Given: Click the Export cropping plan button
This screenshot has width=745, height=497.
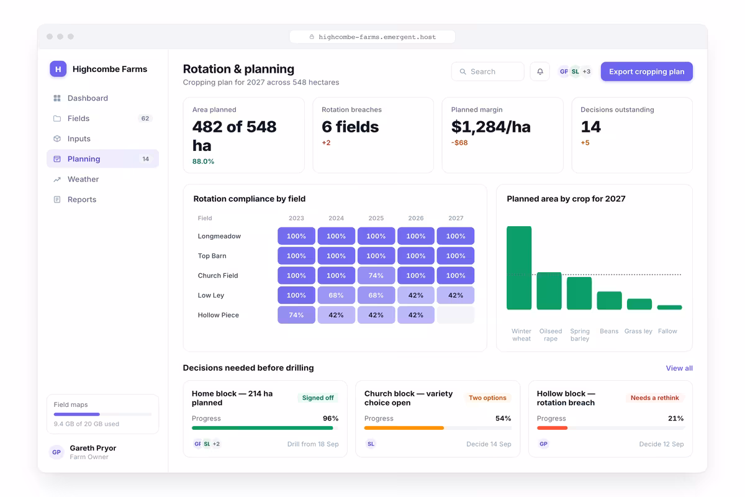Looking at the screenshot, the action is coord(646,71).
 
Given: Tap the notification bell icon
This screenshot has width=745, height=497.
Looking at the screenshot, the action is coord(540,71).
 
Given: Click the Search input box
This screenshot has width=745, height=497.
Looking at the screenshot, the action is coord(487,71).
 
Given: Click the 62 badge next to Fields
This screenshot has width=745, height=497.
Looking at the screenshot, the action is coord(145,119).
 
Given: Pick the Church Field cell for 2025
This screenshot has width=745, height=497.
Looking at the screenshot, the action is coord(376,276).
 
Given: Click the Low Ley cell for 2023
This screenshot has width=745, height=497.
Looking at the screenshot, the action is coord(296,295).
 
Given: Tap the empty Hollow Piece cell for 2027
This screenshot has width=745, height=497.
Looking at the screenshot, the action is coord(456,315).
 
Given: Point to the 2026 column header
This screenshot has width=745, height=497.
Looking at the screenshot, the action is coord(416,218).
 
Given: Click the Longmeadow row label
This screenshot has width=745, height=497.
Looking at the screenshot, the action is coord(219,236).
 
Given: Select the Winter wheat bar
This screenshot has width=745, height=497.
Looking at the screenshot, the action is coord(519,268).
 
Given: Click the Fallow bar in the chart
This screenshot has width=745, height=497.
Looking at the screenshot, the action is coord(669,308).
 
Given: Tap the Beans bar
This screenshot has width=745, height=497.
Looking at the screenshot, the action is coord(609,301).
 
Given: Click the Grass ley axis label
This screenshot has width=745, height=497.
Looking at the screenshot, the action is coord(638,331).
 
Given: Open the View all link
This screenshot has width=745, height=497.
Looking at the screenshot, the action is coord(679,368).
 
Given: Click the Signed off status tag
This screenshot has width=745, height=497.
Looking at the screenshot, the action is coord(318,398).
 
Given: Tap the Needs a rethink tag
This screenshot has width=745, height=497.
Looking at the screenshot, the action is coord(654,398).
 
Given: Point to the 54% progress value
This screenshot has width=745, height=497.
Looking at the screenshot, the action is coord(503,419).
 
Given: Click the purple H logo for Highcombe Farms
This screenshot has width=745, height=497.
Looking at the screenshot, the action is coord(58,69).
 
